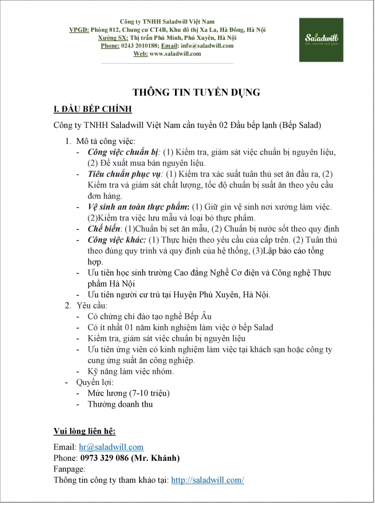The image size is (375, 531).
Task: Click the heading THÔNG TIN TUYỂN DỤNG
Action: pos(196,92)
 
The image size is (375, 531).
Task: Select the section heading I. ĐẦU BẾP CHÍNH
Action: pos(93,109)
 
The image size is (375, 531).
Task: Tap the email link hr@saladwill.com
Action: pos(111,447)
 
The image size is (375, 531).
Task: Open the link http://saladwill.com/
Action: pos(207,479)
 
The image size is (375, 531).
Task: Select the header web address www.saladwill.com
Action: pos(176,54)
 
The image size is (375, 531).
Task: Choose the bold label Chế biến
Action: pos(104,228)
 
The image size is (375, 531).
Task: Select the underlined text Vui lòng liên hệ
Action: pos(84,430)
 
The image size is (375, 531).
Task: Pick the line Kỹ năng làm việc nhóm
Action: pos(130,371)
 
